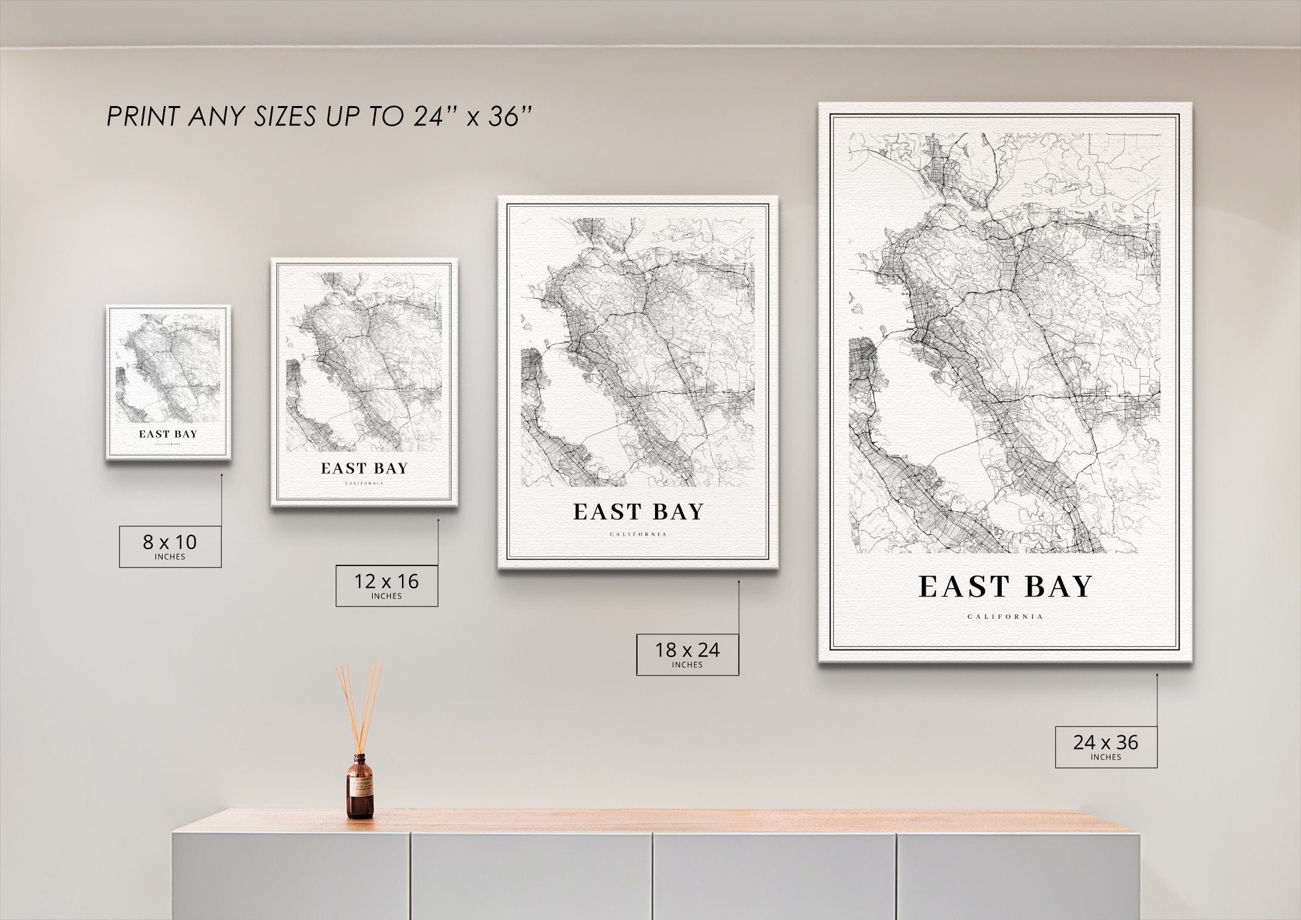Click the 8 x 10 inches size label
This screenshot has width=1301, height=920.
pos(170,546)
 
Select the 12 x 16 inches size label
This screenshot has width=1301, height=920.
pos(386,585)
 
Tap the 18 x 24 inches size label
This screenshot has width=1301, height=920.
pos(687,654)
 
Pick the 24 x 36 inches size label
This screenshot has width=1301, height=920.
pos(1106,746)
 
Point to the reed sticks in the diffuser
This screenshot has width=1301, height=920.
pos(358,706)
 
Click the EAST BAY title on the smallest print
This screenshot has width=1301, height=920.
pos(168,434)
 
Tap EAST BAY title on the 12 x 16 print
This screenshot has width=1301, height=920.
pos(364,468)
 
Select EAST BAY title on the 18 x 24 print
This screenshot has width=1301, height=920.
pos(638,512)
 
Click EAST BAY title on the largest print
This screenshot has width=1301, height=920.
pos(1005,587)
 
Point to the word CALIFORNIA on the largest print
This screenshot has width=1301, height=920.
pos(1005,616)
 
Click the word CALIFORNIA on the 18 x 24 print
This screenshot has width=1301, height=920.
pos(638,535)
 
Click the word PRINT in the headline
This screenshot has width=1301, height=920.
pos(142,116)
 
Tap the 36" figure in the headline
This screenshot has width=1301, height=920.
pos(511,116)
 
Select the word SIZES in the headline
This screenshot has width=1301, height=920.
pos(282,116)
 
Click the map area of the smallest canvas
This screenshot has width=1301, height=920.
pos(168,368)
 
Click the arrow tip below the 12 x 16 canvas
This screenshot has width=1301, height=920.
pos(438,520)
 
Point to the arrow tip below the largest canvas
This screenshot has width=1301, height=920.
pos(1157,675)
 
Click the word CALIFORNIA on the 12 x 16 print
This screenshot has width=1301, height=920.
pos(364,483)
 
